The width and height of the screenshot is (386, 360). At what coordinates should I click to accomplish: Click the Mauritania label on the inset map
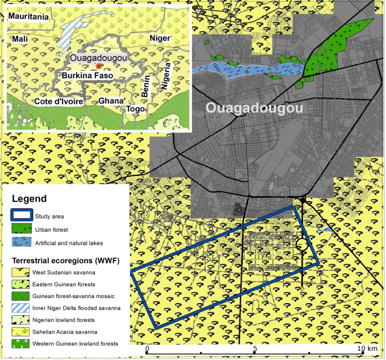coord(28,16)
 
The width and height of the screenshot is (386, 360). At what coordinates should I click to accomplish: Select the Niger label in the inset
coord(160,38)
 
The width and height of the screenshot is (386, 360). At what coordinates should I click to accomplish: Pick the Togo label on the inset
coord(136,109)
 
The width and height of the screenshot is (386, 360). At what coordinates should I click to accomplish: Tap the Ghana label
coord(111,101)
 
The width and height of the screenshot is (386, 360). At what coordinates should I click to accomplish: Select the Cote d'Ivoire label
coord(58,102)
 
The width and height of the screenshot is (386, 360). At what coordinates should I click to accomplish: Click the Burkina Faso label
coord(88,76)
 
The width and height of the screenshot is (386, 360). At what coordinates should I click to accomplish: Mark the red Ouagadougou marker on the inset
coord(98,66)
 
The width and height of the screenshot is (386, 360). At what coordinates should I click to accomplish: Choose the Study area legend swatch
coord(22,216)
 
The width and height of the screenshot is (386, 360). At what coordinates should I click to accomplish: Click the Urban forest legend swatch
coord(22,229)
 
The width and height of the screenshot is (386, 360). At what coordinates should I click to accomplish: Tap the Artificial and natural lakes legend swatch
coord(22,242)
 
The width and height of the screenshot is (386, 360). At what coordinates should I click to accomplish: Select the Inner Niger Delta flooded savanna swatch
coord(22,308)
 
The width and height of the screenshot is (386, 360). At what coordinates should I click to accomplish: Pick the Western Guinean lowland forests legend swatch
coord(22,343)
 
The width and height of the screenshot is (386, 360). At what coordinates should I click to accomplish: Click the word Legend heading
coord(29,199)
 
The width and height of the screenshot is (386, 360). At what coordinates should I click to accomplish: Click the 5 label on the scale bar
coord(255,348)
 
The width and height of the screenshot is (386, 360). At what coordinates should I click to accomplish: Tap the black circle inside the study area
coord(302,244)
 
